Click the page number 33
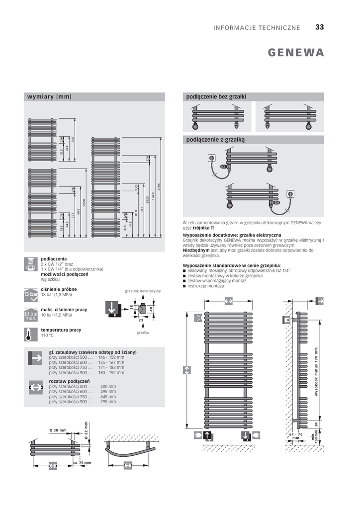319,27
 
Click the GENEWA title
296,53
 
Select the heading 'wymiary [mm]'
49,96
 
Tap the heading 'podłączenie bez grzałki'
216,96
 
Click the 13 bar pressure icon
30,294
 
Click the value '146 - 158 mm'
111,357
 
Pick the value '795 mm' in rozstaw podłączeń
108,401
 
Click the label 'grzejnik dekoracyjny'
143,290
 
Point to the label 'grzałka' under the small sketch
143,332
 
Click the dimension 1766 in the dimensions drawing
159,187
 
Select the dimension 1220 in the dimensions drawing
85,203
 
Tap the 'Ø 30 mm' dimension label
58,430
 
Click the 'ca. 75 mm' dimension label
82,463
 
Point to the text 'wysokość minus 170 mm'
316,371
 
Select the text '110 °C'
47,336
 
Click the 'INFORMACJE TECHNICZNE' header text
257,28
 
